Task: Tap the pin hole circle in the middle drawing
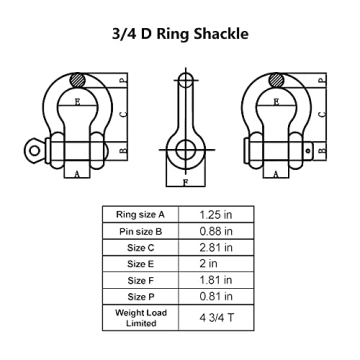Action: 183,151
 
